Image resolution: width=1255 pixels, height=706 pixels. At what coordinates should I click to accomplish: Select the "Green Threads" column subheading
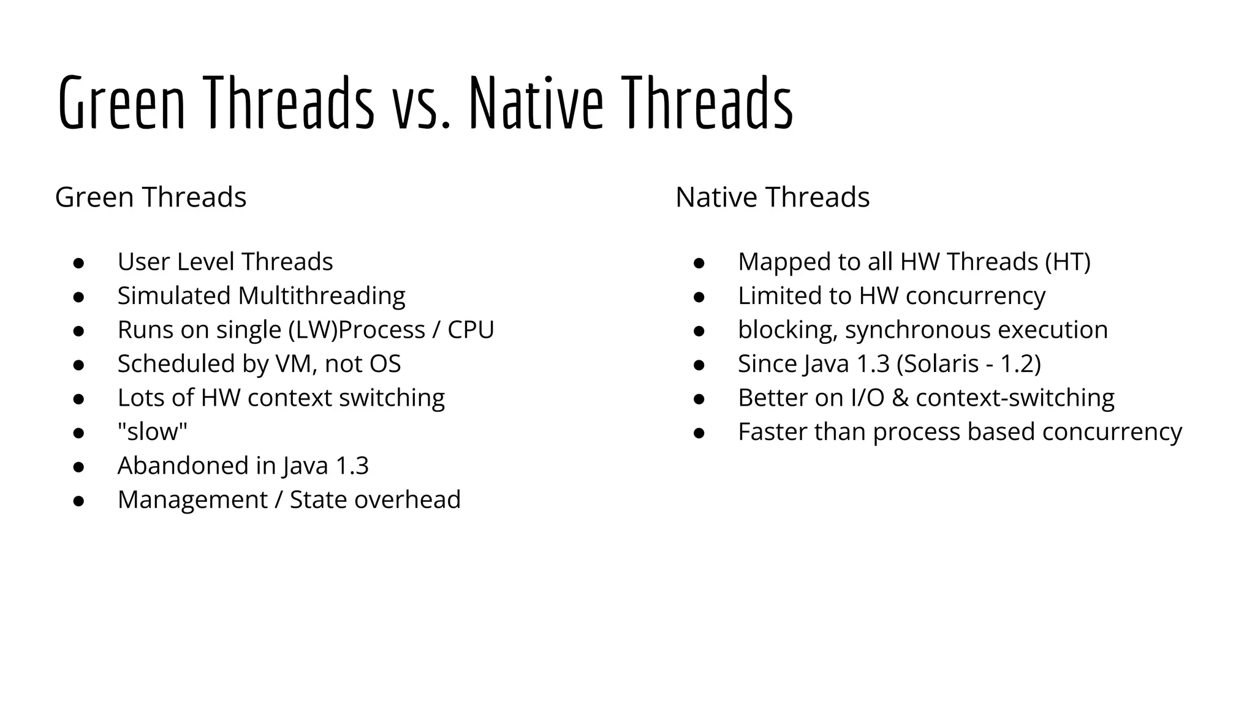click(151, 197)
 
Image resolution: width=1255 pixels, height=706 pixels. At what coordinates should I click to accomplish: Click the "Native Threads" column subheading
click(772, 197)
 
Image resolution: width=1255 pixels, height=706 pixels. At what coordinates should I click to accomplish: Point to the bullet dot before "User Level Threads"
click(78, 263)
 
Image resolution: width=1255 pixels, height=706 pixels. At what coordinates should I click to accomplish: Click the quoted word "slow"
click(153, 432)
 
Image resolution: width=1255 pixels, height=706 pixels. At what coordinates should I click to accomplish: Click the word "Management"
click(192, 500)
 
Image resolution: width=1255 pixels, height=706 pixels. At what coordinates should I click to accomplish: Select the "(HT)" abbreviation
click(1067, 262)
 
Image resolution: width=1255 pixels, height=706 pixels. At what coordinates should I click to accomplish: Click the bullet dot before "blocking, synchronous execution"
click(699, 331)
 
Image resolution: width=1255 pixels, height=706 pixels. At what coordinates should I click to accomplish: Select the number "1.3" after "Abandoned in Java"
click(352, 466)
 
